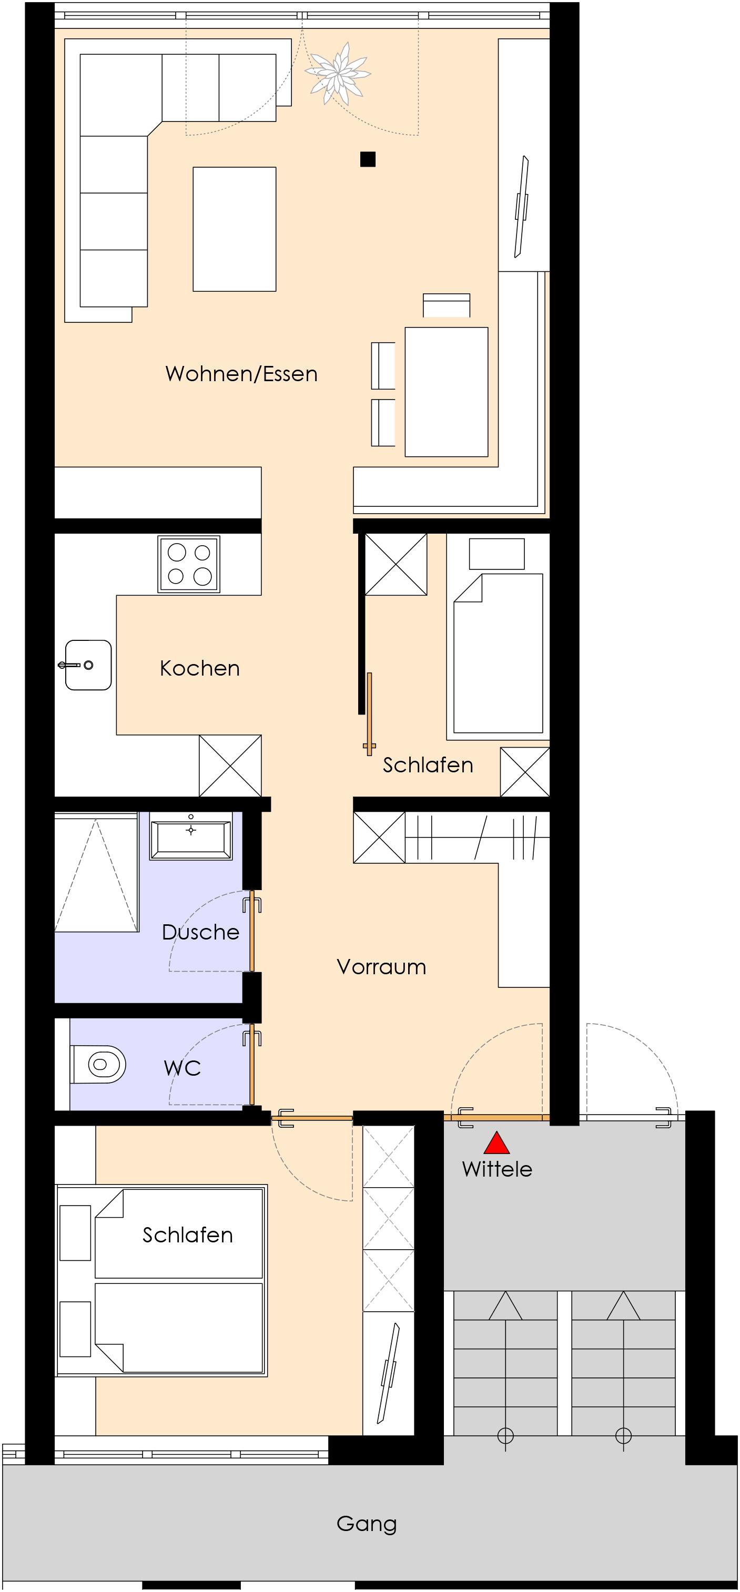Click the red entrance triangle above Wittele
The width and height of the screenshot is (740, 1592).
tap(496, 1144)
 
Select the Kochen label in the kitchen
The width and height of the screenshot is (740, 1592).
tap(200, 668)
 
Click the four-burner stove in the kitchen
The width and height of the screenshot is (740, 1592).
tap(189, 564)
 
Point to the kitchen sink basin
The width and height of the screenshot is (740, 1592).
tap(88, 665)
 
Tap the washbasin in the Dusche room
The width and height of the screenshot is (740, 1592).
tap(191, 835)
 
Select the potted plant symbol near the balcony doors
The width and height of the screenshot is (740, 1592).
tap(338, 74)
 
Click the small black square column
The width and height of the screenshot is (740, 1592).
tap(368, 159)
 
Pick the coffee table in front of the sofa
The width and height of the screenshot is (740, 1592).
tap(234, 229)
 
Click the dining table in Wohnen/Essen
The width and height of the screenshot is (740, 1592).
tap(447, 392)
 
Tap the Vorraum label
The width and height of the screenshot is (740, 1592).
tap(381, 966)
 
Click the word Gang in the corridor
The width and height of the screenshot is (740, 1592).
tap(367, 1524)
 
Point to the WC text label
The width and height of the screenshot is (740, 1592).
tap(183, 1068)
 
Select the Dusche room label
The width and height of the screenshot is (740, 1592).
tap(200, 932)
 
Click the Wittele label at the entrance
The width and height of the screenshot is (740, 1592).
tap(497, 1169)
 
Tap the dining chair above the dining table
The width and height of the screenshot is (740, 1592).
tap(447, 305)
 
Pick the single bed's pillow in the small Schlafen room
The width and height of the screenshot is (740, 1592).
tap(496, 554)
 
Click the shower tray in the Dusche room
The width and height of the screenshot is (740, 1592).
tap(96, 873)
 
